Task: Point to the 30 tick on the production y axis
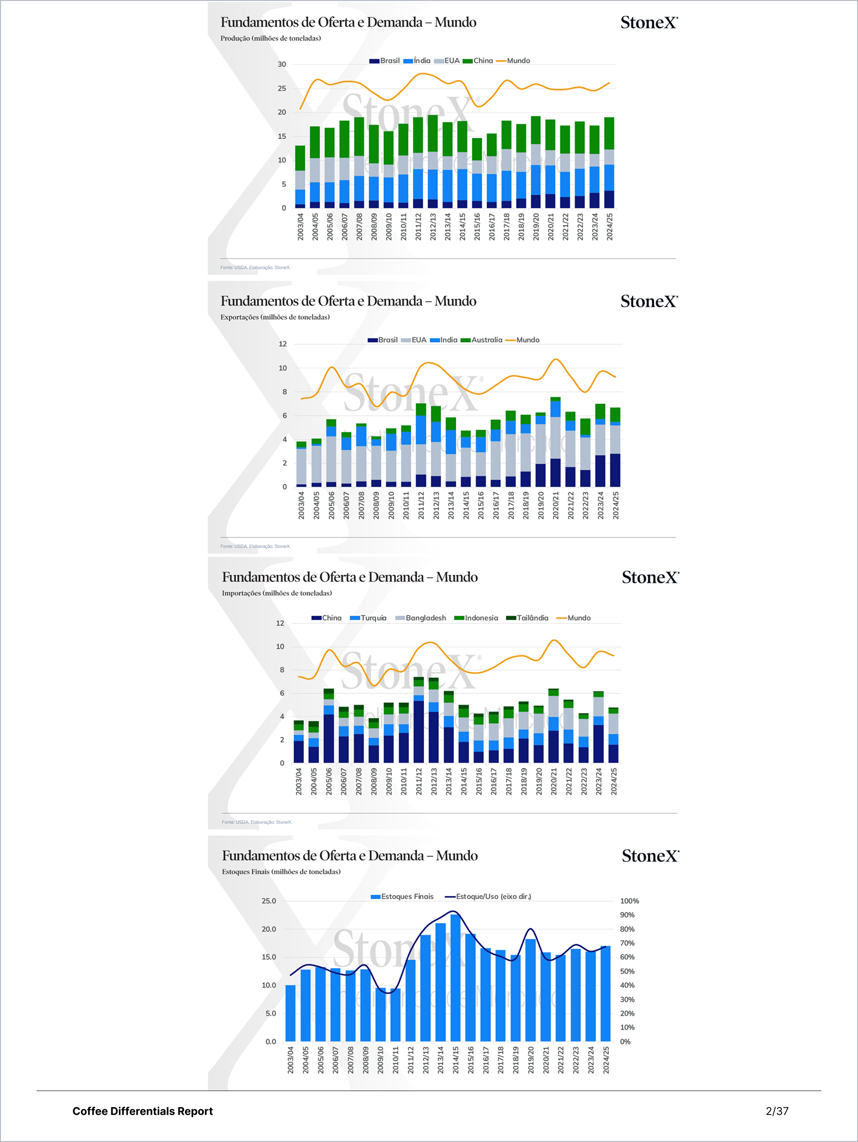[282, 64]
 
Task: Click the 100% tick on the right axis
[629, 901]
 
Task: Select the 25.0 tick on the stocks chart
[269, 901]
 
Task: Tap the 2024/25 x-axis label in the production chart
[610, 227]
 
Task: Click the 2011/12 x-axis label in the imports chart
[419, 781]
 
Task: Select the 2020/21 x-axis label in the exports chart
[555, 505]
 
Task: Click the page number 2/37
[777, 1111]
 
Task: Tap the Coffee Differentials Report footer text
[143, 1111]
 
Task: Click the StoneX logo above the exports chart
[649, 301]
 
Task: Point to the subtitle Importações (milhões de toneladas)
[277, 593]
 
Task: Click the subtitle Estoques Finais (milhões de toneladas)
[281, 871]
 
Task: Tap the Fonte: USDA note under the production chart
[255, 267]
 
